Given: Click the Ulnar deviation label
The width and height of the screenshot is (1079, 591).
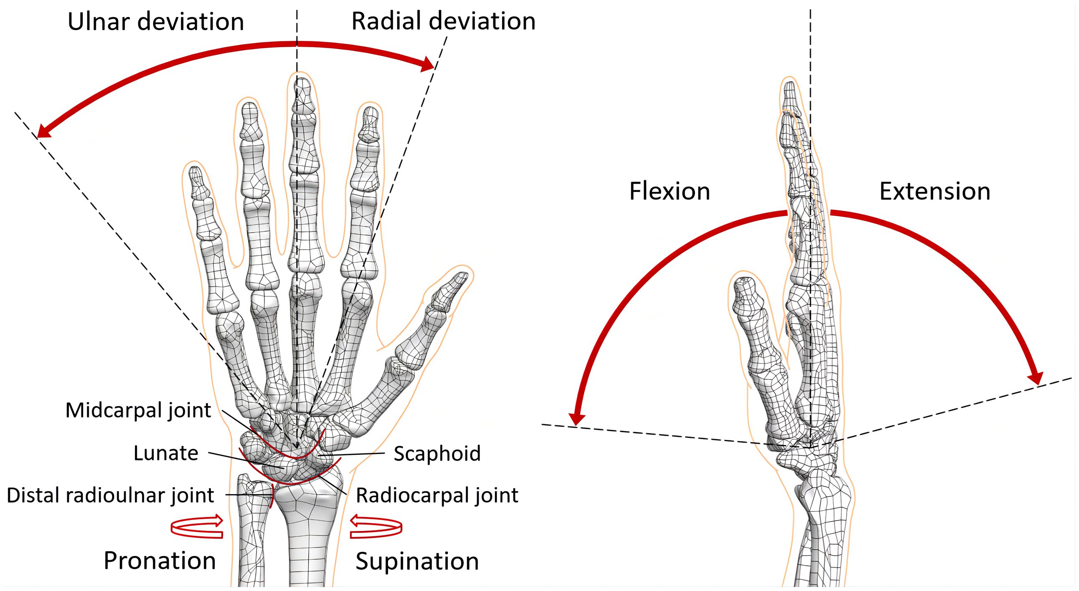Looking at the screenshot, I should (155, 22).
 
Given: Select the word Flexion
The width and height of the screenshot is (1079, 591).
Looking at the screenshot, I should (669, 192).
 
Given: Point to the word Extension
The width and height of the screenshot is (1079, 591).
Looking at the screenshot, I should (934, 192).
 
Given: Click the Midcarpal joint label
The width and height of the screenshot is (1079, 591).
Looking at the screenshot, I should (138, 410).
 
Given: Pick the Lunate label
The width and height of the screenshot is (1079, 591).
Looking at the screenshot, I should (166, 453).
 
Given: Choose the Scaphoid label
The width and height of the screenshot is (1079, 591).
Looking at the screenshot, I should (437, 454).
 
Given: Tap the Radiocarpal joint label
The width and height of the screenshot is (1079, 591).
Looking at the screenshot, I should (437, 495).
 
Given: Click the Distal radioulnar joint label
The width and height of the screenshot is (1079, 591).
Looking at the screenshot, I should (111, 495).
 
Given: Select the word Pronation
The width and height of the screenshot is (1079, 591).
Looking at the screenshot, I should (160, 561).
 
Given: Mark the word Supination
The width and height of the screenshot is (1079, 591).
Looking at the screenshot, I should (417, 561).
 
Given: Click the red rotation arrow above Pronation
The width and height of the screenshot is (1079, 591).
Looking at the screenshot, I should (197, 527).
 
